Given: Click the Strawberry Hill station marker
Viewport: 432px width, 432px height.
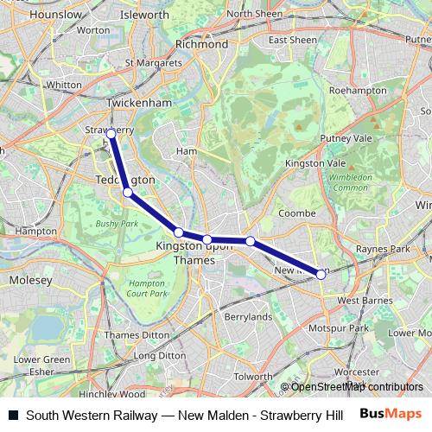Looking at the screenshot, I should tap(111, 134).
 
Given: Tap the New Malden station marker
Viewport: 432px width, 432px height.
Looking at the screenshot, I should tap(321, 273).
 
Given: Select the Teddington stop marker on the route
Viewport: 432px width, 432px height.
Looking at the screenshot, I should tap(127, 193).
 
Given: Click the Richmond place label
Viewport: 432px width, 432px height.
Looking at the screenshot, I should tap(201, 44).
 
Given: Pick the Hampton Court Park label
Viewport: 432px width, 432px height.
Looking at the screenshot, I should tap(147, 289).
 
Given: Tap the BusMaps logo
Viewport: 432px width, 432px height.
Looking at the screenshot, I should tap(397, 415).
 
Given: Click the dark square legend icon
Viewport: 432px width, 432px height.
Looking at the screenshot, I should tap(13, 415).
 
